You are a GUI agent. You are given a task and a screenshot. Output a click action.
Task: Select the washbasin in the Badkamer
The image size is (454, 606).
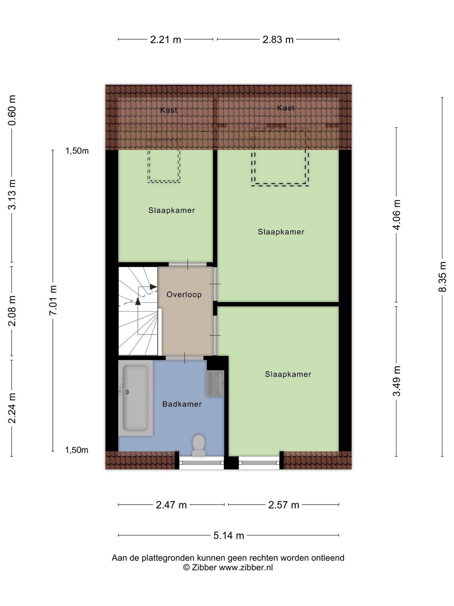215,383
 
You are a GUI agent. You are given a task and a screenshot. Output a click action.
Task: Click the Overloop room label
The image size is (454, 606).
184,294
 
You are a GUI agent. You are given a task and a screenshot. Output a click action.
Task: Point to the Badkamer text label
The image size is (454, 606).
182,404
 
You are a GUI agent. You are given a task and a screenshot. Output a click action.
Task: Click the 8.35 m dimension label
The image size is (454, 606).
442,277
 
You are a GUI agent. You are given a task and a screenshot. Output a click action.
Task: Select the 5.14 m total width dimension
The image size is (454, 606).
229,535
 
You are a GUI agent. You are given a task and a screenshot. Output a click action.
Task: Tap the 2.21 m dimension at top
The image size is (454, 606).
166,39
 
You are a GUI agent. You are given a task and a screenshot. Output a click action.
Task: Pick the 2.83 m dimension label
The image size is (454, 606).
278,39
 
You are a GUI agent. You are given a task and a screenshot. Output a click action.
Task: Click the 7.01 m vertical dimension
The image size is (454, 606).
53,300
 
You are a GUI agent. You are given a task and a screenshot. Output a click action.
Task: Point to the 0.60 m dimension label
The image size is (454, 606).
12,110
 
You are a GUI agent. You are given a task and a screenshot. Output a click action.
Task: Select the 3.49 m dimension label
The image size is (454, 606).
396,381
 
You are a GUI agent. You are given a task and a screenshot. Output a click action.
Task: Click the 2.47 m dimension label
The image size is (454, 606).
171,505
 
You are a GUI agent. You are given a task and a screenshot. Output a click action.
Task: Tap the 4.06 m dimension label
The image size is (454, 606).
396,215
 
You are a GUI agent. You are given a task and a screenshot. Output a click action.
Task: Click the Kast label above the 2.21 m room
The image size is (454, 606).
169,110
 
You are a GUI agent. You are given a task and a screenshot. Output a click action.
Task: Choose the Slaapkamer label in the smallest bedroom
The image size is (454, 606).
172,210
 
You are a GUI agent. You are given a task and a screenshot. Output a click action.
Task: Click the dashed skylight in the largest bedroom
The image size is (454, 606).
280,186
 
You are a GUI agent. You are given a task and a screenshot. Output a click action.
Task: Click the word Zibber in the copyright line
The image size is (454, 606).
204,567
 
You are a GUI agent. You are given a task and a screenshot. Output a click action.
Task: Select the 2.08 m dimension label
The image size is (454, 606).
12,311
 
